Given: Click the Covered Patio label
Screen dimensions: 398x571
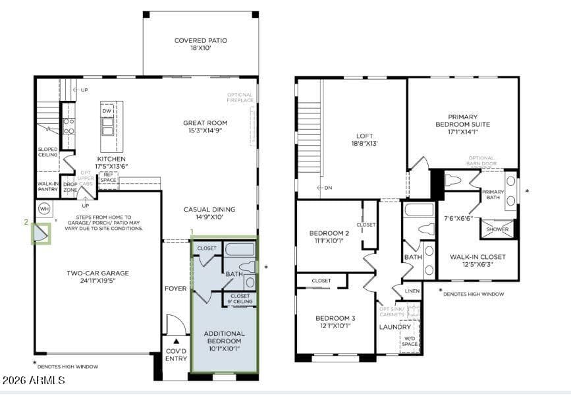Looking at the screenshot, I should pyautogui.click(x=200, y=40).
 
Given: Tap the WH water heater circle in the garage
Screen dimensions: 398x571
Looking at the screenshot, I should pyautogui.click(x=44, y=209).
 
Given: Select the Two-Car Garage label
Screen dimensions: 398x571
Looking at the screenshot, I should pyautogui.click(x=97, y=273).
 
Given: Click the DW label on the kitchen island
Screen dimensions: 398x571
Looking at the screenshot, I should pyautogui.click(x=107, y=111).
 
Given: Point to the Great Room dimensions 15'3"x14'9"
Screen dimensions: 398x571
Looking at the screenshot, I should pyautogui.click(x=205, y=131).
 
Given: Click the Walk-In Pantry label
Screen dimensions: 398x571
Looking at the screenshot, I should pyautogui.click(x=48, y=186).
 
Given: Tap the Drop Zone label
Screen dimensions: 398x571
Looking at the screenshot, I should pyautogui.click(x=70, y=186).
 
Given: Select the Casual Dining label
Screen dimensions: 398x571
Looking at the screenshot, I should pyautogui.click(x=209, y=210).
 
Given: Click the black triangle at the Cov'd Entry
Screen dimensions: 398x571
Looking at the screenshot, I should pyautogui.click(x=176, y=343).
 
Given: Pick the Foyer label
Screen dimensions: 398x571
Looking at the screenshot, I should pyautogui.click(x=176, y=289).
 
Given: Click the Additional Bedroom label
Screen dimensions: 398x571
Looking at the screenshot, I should pyautogui.click(x=224, y=337).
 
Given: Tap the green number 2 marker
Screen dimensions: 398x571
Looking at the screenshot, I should pyautogui.click(x=26, y=223).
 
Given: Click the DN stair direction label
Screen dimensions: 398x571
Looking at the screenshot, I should pyautogui.click(x=327, y=188).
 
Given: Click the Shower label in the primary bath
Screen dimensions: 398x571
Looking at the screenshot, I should pyautogui.click(x=497, y=229).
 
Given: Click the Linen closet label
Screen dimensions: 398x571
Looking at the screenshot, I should pyautogui.click(x=412, y=291).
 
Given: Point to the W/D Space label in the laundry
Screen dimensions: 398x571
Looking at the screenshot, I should pyautogui.click(x=410, y=341).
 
